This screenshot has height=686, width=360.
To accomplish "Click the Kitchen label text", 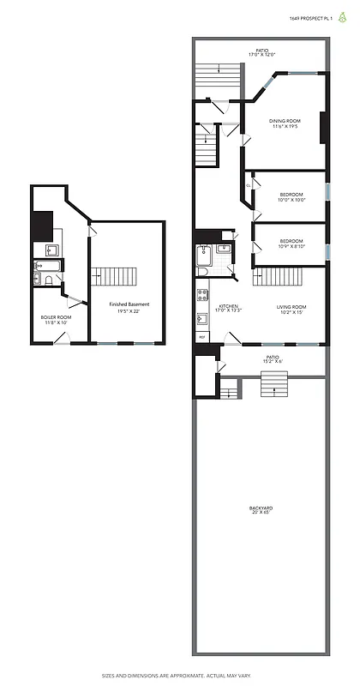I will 227,309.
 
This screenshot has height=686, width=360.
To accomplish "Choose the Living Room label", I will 291,309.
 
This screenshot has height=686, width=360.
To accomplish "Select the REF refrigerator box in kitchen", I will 202,337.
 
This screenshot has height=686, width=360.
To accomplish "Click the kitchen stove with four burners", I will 202,296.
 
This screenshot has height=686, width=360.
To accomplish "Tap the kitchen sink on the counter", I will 202,318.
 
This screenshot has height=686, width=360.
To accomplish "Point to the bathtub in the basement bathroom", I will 45,279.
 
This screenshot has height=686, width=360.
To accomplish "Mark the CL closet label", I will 248,184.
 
